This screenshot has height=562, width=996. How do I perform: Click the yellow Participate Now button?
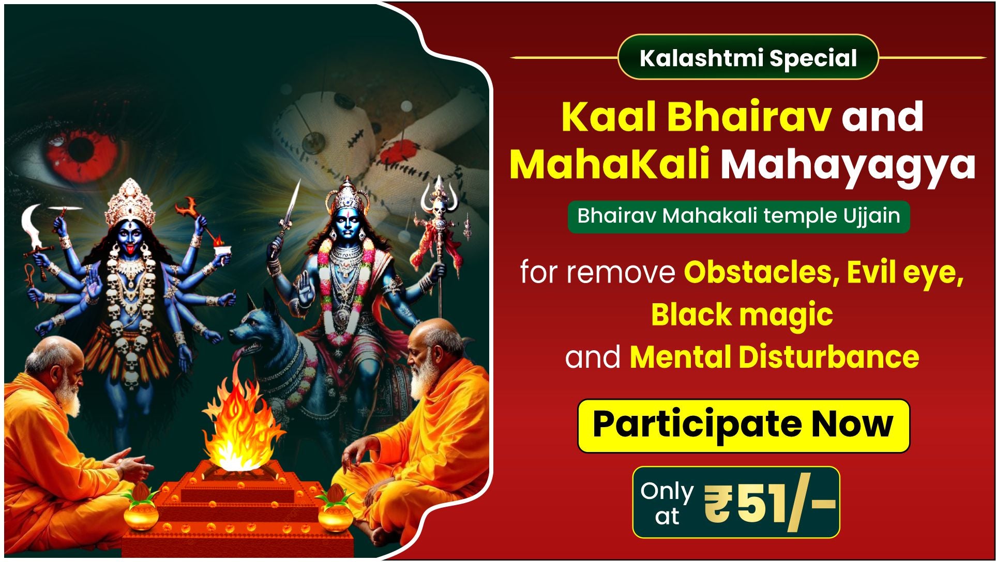[x=743, y=426]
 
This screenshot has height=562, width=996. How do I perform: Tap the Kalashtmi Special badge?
[x=748, y=57]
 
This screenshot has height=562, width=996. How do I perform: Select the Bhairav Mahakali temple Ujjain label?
[x=738, y=216]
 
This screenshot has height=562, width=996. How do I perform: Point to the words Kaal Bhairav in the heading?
[x=696, y=117]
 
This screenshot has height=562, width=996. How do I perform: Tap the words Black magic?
[x=742, y=315]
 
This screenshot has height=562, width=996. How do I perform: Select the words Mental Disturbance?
[x=774, y=357]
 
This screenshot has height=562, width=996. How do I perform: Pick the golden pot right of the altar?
[x=335, y=509]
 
